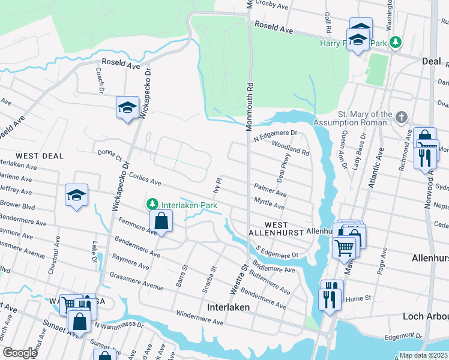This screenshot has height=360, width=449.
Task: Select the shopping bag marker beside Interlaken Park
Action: tap(161, 221)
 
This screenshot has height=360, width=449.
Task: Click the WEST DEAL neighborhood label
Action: tap(40, 156)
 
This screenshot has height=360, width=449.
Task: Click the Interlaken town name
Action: tap(228, 307)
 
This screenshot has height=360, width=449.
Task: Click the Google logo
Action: tap(20, 353)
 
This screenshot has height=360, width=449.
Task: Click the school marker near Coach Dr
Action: tap(127, 109)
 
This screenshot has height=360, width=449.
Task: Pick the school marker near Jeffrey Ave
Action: tap(77, 196)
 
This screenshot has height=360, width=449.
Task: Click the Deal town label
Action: tap(430, 61)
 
